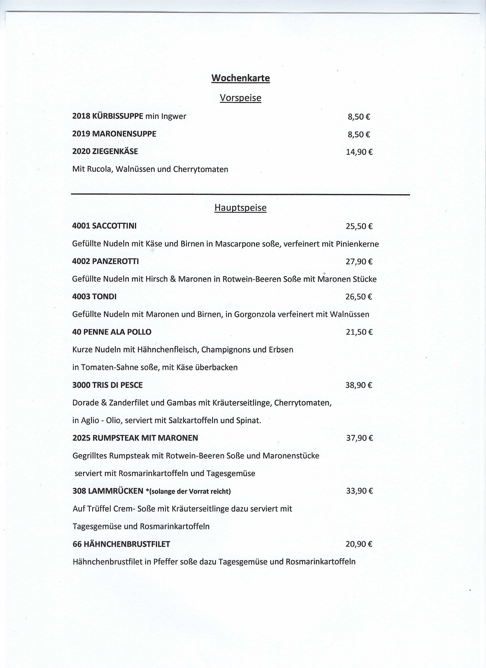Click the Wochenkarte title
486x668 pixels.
[241, 78]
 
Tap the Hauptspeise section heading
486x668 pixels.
[241, 208]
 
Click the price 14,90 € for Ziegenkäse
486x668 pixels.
[359, 152]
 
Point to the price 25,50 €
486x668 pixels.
[359, 226]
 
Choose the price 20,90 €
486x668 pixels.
[359, 544]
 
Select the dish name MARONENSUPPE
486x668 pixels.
[124, 134]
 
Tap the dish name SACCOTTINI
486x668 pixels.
[114, 226]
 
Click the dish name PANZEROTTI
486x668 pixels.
[115, 261]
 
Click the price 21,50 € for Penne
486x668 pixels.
[359, 332]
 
